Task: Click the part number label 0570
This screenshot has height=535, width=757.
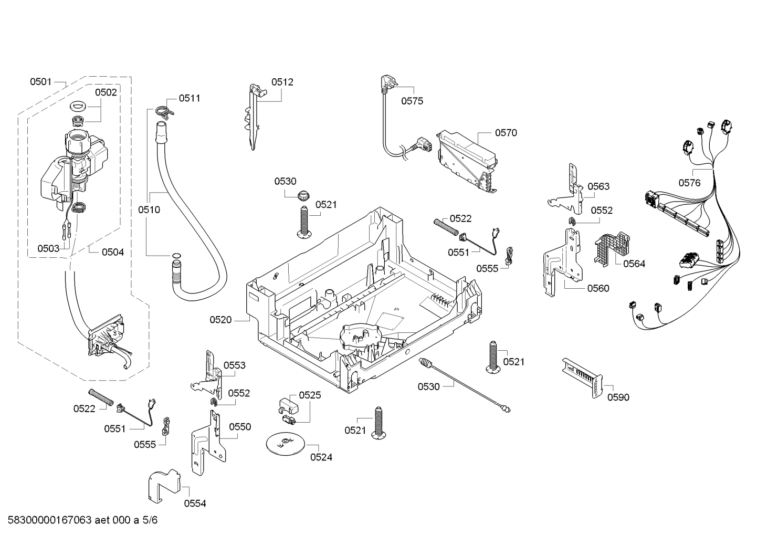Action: coord(506,133)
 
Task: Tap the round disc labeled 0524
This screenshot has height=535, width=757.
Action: coord(286,443)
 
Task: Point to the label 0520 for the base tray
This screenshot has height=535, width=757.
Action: coord(220,320)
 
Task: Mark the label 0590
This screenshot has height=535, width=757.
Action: coord(618,397)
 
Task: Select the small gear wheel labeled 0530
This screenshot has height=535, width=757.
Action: coord(301,195)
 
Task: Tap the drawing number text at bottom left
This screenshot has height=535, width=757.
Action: coord(82,520)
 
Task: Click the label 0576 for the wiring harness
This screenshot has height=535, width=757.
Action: coord(690,183)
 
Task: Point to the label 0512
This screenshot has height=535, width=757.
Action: coord(282,82)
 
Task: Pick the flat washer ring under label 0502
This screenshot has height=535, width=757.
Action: coord(78,107)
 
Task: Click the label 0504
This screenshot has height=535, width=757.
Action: coord(113,252)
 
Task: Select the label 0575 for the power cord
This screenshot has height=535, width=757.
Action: coord(412,101)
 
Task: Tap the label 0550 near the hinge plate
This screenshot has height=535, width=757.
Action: coord(240,427)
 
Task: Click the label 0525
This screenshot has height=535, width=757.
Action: coord(310,395)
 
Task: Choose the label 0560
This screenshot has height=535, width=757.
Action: coord(598,288)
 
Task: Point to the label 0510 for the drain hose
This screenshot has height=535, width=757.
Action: coord(149,210)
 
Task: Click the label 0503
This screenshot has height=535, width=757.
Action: coord(48,249)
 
